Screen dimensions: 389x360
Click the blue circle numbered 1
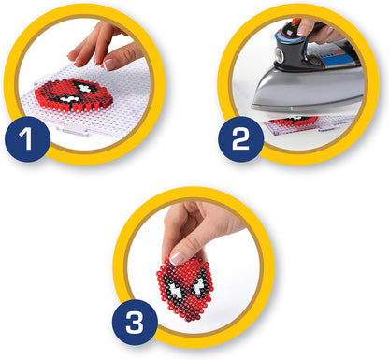pyautogui.click(x=27, y=139)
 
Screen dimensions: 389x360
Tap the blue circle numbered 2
pyautogui.click(x=240, y=139)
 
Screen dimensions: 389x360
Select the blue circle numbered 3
pyautogui.click(x=135, y=323)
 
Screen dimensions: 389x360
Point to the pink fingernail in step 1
pyautogui.click(x=110, y=64)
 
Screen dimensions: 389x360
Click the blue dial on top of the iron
pyautogui.click(x=287, y=36)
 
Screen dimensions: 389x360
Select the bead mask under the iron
pyautogui.click(x=293, y=121)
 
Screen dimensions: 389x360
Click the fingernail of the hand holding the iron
pyautogui.click(x=302, y=30)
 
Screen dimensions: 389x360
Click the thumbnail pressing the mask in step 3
pyautogui.click(x=177, y=258)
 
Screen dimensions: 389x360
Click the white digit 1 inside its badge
pyautogui.click(x=26, y=139)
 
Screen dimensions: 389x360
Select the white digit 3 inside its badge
pyautogui.click(x=135, y=323)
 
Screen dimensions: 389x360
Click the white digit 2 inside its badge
pyautogui.click(x=240, y=139)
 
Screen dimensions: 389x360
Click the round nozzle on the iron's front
pyautogui.click(x=280, y=55)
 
